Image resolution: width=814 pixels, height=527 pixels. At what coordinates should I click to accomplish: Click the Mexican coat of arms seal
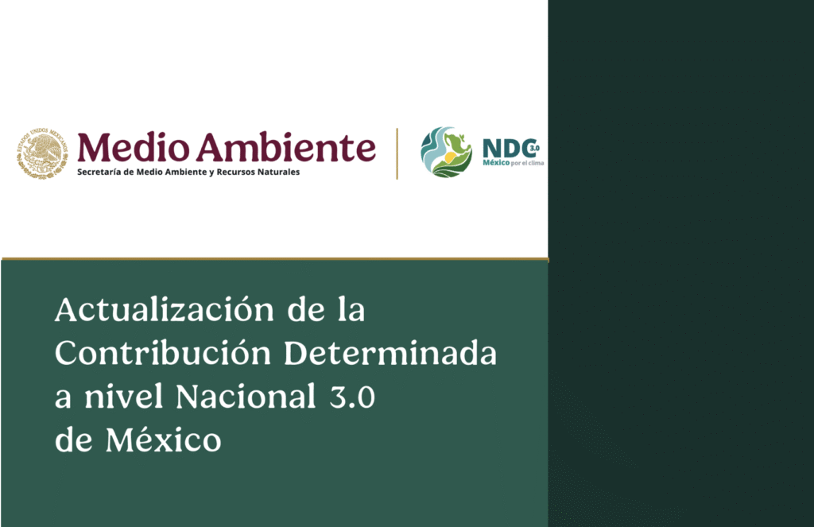point(42,153)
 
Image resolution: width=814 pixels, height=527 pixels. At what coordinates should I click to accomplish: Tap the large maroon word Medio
point(132,147)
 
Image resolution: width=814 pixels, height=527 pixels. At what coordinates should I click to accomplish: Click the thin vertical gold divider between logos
point(397,153)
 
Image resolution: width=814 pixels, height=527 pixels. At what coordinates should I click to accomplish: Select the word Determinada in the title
point(390,354)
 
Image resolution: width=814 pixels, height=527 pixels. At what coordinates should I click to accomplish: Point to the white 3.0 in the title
point(350,397)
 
